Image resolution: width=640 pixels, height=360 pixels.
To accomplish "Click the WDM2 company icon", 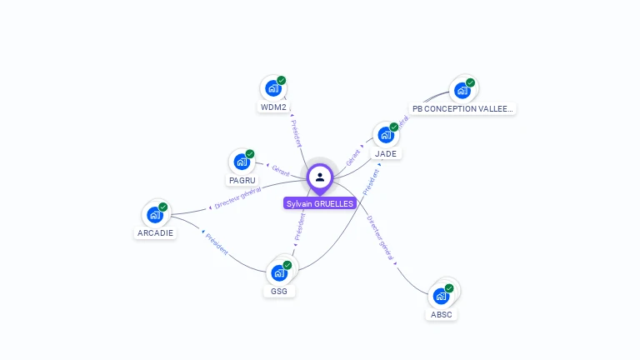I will tap(273, 87).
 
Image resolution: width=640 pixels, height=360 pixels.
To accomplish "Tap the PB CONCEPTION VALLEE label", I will tap(462, 108).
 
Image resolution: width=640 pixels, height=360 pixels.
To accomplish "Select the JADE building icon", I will tap(385, 135).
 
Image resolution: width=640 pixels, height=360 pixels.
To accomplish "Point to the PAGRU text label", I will tap(242, 180).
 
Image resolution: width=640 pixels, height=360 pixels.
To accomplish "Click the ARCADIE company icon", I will tap(155, 214).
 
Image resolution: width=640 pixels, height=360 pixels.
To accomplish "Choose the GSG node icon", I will tap(279, 272).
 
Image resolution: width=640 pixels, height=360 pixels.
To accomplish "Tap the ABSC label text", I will tap(442, 314).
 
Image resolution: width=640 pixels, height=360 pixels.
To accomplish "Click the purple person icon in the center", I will tap(320, 177).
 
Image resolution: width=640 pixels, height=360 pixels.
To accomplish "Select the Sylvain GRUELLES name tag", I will tap(320, 203).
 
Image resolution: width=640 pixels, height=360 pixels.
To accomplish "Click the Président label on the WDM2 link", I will tap(295, 133).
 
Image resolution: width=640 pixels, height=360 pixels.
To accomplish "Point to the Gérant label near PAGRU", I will tap(280, 171).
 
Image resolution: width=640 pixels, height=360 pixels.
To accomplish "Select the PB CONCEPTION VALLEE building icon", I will tap(462, 90).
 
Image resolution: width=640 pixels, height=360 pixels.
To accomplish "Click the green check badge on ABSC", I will tap(449, 288).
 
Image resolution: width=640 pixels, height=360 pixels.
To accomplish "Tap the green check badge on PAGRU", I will tap(250, 154).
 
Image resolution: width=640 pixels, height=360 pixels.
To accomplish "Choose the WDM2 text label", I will tap(273, 107).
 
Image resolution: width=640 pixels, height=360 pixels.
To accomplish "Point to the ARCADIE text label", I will tap(155, 233).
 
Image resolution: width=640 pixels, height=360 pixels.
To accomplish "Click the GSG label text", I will tap(279, 291).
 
